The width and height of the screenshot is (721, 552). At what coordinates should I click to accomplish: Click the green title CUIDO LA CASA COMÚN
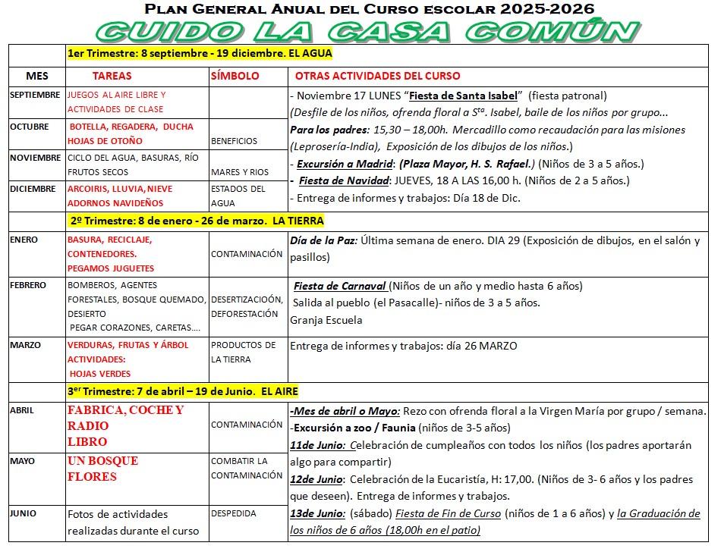point(367,32)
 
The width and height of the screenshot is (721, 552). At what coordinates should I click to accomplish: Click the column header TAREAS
point(112,77)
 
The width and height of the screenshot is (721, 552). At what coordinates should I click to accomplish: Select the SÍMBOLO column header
point(235,77)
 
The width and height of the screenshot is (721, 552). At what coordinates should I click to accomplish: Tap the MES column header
point(36,77)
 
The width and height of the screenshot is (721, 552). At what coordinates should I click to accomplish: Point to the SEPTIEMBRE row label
point(35,95)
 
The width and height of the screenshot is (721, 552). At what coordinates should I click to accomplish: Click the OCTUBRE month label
point(30,127)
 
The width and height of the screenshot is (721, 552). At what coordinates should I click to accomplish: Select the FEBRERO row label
point(28,286)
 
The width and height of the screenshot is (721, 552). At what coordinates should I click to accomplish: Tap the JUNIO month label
point(23,514)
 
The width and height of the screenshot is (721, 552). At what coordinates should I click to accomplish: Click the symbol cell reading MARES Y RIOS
point(240,172)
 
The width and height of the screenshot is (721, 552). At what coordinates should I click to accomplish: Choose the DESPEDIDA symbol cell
point(234,514)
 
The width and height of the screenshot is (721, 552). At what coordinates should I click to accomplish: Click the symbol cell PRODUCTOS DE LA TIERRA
point(243,353)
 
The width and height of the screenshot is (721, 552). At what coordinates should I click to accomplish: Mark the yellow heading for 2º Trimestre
point(197,221)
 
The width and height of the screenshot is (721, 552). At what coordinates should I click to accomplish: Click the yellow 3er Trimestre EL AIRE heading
point(182,391)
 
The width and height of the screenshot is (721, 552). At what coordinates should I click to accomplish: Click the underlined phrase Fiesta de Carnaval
point(340,287)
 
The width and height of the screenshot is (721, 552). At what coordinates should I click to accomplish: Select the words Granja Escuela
point(326,320)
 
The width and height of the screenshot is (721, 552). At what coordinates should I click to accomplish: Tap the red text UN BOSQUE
point(102,461)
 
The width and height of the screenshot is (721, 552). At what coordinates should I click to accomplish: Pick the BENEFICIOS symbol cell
point(234,141)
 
